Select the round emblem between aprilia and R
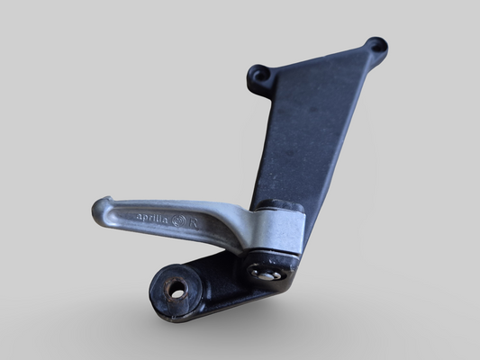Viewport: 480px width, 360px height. click(x=180, y=219)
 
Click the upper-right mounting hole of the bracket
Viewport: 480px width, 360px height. click(x=376, y=44)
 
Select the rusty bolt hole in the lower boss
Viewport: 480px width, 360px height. click(x=177, y=291)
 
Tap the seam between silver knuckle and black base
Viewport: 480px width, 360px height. click(x=270, y=253)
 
